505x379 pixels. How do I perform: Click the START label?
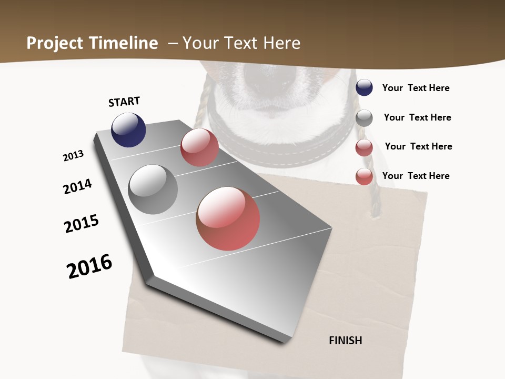tap(124, 102)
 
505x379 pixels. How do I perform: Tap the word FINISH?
tap(346, 341)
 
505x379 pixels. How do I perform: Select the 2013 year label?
tap(74, 156)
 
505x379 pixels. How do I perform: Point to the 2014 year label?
tap(77, 187)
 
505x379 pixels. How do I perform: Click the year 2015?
tap(82, 224)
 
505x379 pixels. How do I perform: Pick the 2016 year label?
tap(89, 266)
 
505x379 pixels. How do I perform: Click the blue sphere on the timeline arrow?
tap(128, 129)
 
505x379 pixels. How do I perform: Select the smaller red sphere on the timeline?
tap(199, 147)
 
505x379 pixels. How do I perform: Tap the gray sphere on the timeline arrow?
tap(153, 189)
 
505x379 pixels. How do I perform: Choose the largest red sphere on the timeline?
tap(228, 218)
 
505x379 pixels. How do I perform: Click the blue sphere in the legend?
tap(364, 88)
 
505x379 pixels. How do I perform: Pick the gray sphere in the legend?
tap(364, 117)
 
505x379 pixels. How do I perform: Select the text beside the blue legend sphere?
tap(416, 88)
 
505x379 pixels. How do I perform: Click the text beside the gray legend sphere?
tap(417, 117)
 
